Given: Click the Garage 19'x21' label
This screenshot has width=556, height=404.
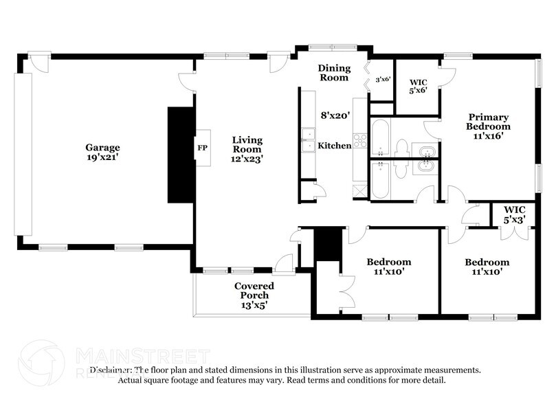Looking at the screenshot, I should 102,153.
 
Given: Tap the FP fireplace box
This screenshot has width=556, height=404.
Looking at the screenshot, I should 202,148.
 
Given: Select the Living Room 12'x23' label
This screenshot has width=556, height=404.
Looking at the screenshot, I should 247,149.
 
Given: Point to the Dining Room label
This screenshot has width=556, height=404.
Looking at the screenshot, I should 334,73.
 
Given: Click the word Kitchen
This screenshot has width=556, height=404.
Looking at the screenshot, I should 334,146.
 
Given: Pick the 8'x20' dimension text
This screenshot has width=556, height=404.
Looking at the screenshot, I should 336,116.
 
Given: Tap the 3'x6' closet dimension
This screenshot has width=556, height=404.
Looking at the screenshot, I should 383,80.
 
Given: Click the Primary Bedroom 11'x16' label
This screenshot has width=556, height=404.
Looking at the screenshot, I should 488,126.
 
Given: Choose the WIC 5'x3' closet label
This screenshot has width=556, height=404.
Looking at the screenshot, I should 514,214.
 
